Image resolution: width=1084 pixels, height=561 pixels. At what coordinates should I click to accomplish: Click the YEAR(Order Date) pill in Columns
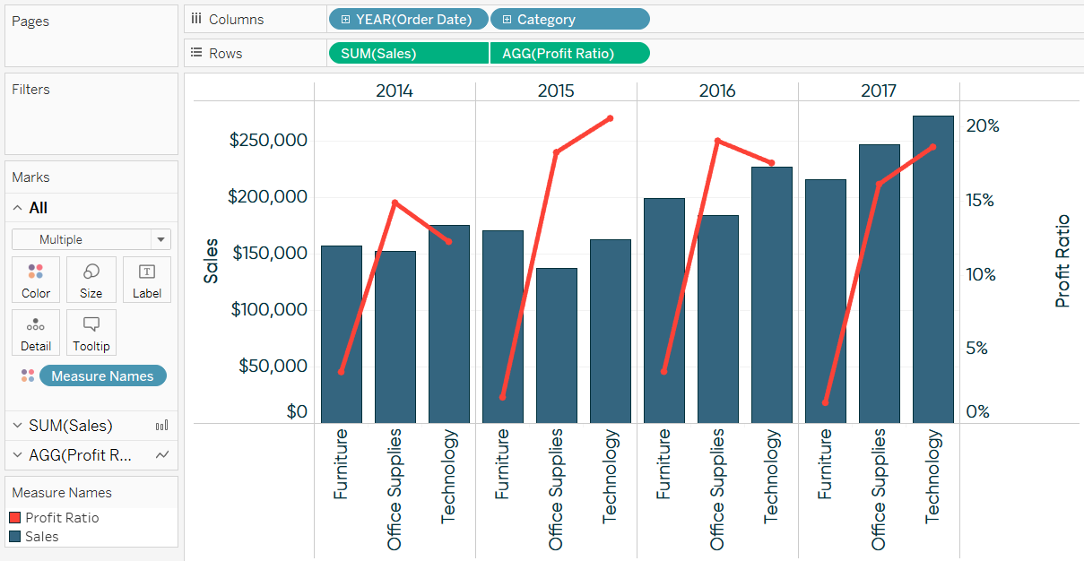click(x=409, y=19)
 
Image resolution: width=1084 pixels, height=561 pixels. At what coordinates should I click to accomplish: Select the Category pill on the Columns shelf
click(x=569, y=19)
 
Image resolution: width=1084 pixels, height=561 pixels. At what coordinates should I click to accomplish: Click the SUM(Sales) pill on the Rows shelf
click(x=409, y=53)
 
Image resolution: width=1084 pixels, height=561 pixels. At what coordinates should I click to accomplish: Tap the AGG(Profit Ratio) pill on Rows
click(x=569, y=53)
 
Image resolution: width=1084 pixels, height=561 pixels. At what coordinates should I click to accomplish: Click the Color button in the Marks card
click(x=36, y=280)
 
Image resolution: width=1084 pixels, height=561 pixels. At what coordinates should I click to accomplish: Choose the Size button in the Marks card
click(x=91, y=280)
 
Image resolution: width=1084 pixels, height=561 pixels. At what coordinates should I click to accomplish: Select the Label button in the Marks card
click(x=146, y=280)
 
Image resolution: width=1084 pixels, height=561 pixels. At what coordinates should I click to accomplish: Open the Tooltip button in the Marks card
click(x=91, y=333)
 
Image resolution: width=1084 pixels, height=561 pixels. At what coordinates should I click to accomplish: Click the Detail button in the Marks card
click(x=36, y=333)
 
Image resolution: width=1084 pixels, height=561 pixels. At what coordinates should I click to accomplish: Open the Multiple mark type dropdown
click(x=91, y=239)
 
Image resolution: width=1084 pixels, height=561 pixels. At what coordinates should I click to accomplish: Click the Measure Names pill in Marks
click(x=102, y=376)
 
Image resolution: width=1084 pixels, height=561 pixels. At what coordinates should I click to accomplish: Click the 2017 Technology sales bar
click(x=932, y=269)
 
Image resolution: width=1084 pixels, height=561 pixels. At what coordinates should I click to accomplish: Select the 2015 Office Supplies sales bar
click(x=556, y=345)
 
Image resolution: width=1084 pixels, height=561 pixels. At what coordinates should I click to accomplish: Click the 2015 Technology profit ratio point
click(x=610, y=118)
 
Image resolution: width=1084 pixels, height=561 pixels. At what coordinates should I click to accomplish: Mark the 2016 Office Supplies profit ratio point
click(x=717, y=141)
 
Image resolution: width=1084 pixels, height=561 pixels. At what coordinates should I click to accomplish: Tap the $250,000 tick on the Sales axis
click(x=268, y=141)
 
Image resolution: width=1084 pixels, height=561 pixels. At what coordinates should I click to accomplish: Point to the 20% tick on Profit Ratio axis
click(x=982, y=125)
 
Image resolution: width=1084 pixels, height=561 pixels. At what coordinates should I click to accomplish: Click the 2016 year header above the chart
click(x=717, y=91)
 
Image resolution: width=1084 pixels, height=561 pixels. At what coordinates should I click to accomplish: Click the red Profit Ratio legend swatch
click(x=14, y=518)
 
